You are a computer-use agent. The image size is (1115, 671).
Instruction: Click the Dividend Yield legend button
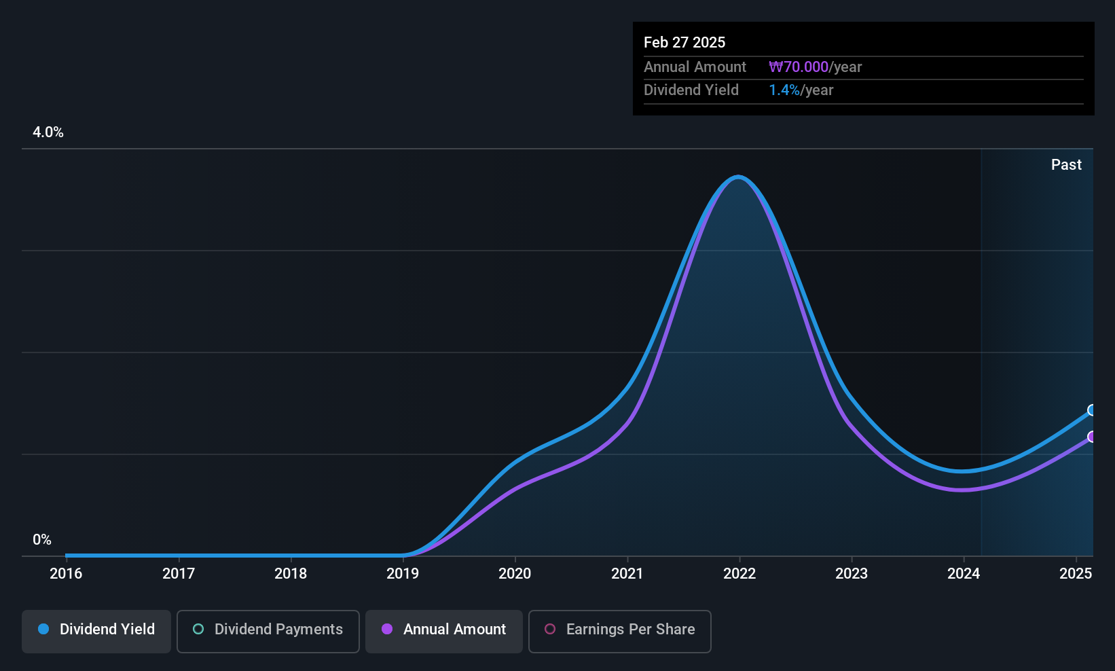[96, 631]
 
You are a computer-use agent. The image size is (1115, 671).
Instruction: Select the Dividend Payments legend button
[268, 631]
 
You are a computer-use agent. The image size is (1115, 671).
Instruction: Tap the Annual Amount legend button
[443, 631]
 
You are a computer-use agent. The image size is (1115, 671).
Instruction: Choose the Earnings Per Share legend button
[620, 631]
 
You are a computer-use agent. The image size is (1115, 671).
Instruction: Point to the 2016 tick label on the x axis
[66, 573]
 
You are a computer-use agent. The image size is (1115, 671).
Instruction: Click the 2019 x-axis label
[403, 573]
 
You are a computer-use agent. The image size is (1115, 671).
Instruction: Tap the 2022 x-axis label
[739, 573]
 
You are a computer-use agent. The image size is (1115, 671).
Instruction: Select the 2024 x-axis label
[964, 573]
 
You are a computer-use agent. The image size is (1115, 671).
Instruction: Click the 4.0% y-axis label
[48, 132]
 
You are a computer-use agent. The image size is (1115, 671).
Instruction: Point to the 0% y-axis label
[42, 540]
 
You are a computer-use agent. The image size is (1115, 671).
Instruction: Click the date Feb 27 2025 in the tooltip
[684, 42]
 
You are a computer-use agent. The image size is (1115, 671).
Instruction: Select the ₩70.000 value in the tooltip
[799, 67]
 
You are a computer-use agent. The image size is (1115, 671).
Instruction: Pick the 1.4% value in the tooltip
[784, 90]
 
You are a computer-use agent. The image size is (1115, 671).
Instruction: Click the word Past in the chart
[1066, 165]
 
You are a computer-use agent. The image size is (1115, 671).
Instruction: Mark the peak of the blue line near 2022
[738, 177]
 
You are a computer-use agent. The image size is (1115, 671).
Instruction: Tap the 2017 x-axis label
[178, 573]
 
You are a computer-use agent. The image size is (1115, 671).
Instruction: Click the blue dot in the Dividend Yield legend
[44, 629]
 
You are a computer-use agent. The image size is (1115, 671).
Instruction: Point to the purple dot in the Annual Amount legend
[387, 629]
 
